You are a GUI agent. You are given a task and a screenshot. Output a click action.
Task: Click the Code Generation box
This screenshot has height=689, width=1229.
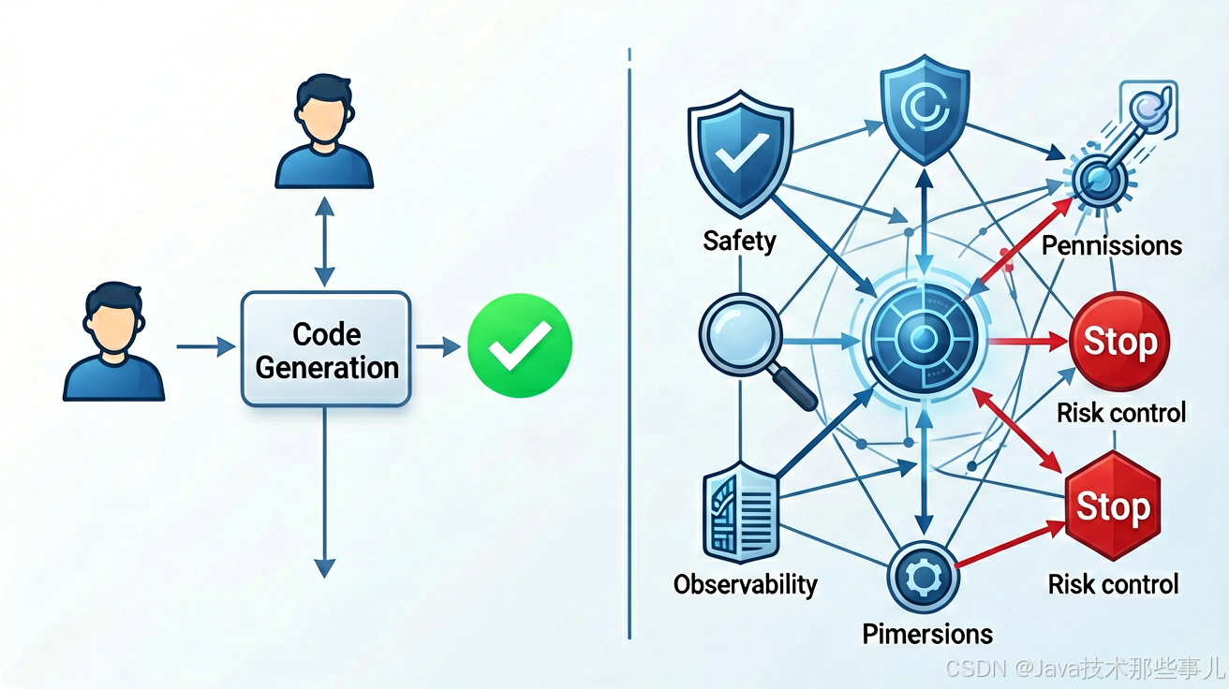tap(326, 349)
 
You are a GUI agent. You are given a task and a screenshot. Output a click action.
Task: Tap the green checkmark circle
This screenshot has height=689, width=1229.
tap(520, 345)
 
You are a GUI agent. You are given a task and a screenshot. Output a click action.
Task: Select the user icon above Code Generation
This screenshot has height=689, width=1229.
tap(324, 132)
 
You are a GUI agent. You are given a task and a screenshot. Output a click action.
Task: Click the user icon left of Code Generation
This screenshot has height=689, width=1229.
tap(113, 342)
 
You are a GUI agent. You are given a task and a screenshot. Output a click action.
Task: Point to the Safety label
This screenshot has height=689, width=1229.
tap(740, 242)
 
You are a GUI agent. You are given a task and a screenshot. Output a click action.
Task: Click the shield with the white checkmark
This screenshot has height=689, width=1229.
tap(740, 154)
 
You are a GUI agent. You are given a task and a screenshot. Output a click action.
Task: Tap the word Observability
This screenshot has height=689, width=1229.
tap(745, 585)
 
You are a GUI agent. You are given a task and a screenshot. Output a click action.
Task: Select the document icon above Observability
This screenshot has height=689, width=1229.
tap(741, 513)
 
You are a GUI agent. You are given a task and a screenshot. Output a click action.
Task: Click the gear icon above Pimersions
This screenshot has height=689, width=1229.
tap(924, 578)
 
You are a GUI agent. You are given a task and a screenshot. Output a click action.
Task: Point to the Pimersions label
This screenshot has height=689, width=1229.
tap(927, 634)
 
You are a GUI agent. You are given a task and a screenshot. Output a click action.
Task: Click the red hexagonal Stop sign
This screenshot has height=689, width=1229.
tap(1113, 506)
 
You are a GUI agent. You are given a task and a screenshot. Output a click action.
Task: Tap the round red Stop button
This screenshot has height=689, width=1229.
tap(1119, 342)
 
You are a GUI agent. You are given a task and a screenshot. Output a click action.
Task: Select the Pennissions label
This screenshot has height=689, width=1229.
tap(1112, 245)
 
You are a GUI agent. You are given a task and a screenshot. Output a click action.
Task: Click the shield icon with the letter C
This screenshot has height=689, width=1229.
tap(925, 110)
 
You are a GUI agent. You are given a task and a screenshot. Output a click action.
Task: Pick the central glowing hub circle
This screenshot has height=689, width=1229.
tap(924, 339)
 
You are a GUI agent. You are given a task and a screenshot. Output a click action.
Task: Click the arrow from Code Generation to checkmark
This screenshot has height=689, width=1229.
tap(438, 346)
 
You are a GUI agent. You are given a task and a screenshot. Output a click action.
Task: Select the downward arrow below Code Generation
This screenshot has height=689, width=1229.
tap(325, 492)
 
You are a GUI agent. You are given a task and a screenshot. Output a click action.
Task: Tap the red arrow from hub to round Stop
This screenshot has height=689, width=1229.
tap(1029, 342)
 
